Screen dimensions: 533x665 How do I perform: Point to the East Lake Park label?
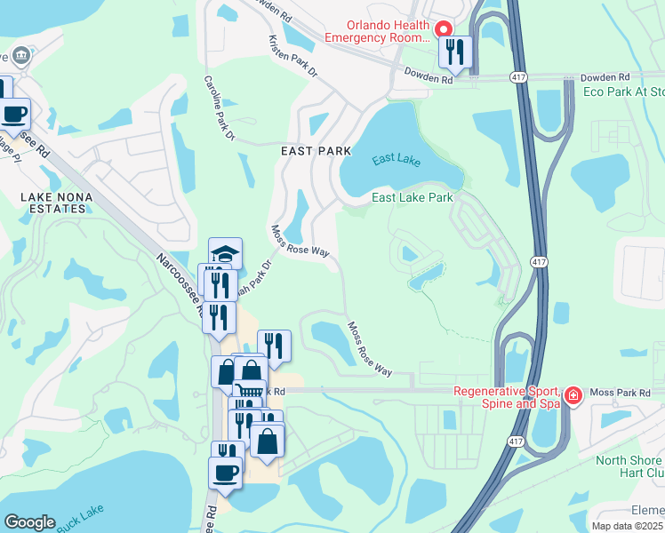pyautogui.click(x=413, y=197)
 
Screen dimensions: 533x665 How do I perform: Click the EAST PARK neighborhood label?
pyautogui.click(x=316, y=151)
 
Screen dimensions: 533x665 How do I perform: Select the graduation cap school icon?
pyautogui.click(x=226, y=254)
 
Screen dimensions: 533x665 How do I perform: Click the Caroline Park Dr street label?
pyautogui.click(x=219, y=108)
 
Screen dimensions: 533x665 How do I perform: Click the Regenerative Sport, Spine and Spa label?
pyautogui.click(x=506, y=398)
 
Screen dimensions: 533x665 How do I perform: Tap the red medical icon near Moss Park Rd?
pyautogui.click(x=574, y=394)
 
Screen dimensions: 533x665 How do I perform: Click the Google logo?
pyautogui.click(x=29, y=522)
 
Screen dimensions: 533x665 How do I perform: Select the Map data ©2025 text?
pyautogui.click(x=627, y=526)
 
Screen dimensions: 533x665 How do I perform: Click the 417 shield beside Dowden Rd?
pyautogui.click(x=518, y=78)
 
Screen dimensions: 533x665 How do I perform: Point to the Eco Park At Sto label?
pyautogui.click(x=623, y=91)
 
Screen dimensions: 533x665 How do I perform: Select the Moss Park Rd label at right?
pyautogui.click(x=621, y=392)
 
